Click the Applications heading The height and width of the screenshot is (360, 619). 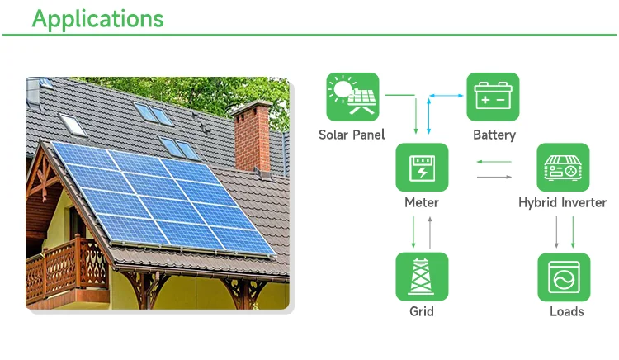[x=97, y=18]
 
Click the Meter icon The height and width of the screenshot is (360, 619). [x=422, y=168]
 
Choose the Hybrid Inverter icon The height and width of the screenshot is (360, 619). [x=563, y=168]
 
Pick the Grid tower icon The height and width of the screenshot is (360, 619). [x=422, y=277]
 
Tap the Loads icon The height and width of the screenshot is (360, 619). [x=564, y=277]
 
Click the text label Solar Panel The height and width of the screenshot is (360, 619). [x=352, y=135]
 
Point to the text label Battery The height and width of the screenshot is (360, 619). [x=494, y=135]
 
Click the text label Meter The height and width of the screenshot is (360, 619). [x=422, y=203]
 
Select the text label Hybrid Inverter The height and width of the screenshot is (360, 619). [x=562, y=203]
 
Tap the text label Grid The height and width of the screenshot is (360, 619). [x=422, y=311]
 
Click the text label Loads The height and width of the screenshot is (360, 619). [x=566, y=311]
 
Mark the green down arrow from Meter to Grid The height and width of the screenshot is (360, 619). [x=414, y=231]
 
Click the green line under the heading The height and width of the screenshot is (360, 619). [x=309, y=36]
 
